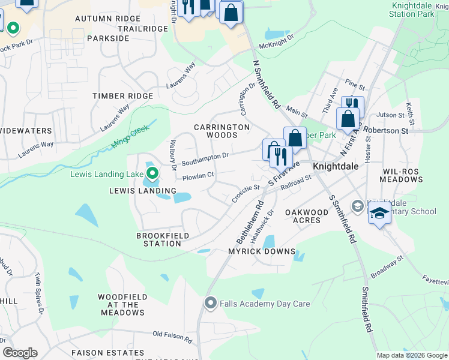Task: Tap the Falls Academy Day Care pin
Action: (x=210, y=304)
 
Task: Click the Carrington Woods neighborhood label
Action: (x=221, y=131)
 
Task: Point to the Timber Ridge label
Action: (x=122, y=96)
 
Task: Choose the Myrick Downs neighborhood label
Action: (x=262, y=251)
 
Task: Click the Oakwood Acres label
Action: (x=306, y=216)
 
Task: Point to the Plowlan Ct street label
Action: (x=198, y=176)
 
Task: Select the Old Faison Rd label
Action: (x=172, y=336)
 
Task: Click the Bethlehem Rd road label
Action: (x=250, y=222)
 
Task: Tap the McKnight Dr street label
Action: (x=277, y=41)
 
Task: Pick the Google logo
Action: (x=20, y=353)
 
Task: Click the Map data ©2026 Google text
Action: (x=411, y=355)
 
